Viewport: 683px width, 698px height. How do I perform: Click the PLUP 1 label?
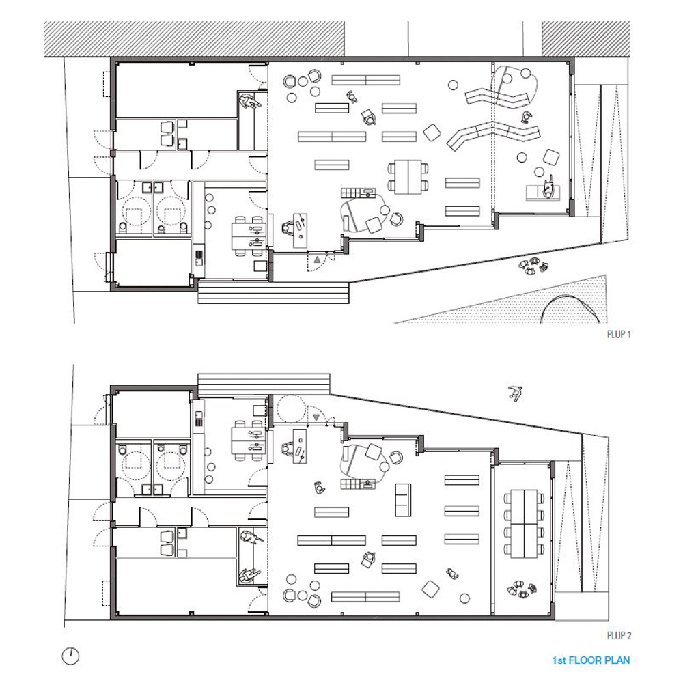(x=618, y=334)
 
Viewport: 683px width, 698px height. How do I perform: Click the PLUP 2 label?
(x=619, y=636)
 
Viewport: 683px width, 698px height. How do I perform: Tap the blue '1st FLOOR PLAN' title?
(x=591, y=660)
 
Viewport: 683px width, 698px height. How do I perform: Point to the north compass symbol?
(x=70, y=656)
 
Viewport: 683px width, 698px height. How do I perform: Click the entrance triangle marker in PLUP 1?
(x=316, y=259)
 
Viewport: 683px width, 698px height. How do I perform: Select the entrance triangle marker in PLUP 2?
(x=316, y=417)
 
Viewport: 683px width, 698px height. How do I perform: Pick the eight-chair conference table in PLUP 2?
(x=525, y=523)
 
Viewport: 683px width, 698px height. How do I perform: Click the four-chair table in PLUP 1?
(x=408, y=177)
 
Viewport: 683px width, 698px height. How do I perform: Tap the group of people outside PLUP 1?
(x=533, y=266)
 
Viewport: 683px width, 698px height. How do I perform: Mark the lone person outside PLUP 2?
(x=515, y=393)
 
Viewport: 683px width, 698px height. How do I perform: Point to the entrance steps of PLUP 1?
(x=273, y=292)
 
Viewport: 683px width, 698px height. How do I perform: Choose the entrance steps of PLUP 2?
(x=264, y=385)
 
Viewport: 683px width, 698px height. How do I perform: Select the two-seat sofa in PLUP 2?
(x=403, y=499)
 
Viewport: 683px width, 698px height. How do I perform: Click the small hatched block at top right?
(x=586, y=39)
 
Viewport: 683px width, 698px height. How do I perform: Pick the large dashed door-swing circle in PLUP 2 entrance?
(x=291, y=409)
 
